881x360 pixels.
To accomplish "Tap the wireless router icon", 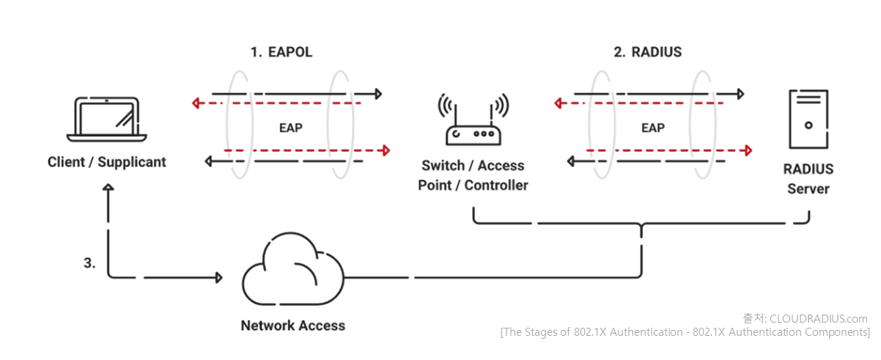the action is click(x=473, y=120).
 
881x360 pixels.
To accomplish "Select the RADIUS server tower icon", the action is click(x=808, y=120).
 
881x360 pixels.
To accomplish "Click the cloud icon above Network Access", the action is click(x=293, y=269).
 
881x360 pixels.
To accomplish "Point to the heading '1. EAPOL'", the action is click(x=281, y=52).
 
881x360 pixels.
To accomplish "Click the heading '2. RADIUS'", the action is click(x=648, y=52).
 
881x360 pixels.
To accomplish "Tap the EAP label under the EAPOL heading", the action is click(x=291, y=128).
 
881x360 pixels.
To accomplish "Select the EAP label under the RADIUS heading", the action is click(x=653, y=128).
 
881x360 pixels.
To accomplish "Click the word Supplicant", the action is click(x=132, y=163).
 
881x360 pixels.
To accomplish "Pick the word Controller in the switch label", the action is click(x=496, y=185).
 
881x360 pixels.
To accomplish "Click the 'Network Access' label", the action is click(x=293, y=326).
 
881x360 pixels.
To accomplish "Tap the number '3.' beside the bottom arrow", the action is click(x=89, y=262).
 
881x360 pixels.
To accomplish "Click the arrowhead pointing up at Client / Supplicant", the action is click(x=108, y=187).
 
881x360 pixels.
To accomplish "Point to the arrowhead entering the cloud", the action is click(x=219, y=278).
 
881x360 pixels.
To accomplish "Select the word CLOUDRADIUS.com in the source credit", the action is click(x=819, y=319).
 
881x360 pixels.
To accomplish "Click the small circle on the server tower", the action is click(x=808, y=125).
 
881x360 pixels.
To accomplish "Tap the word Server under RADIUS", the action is click(x=808, y=189).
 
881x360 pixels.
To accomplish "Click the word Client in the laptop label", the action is click(x=66, y=162).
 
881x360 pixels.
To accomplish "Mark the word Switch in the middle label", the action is click(x=443, y=166).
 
